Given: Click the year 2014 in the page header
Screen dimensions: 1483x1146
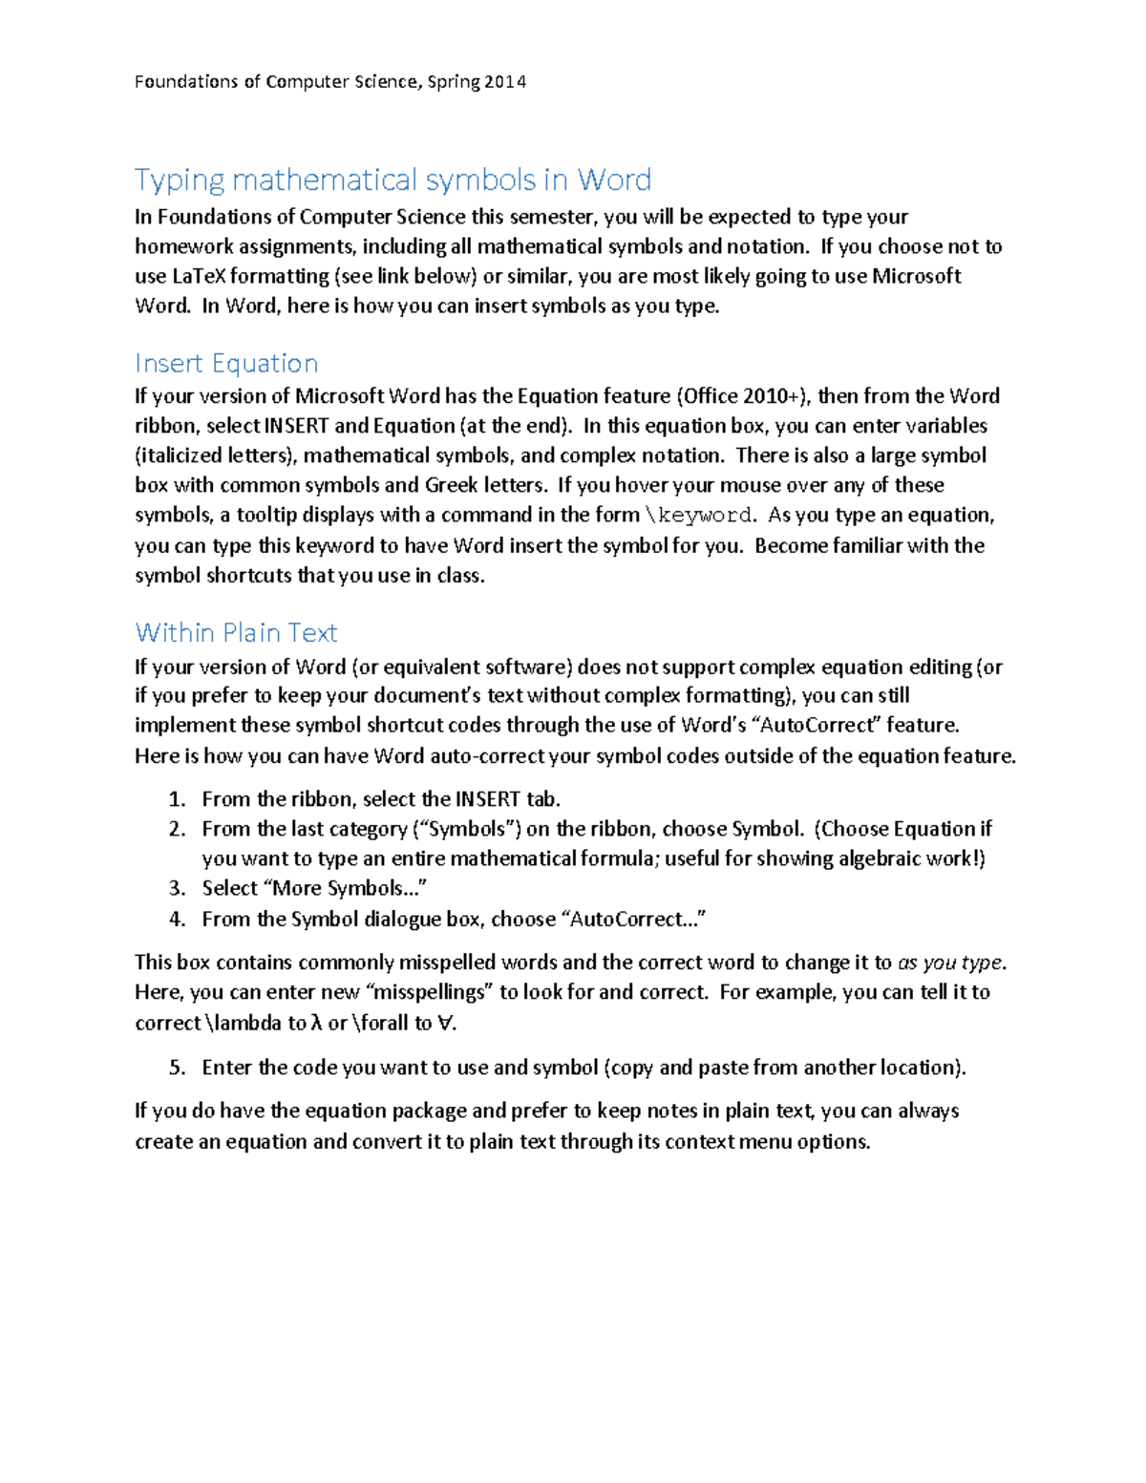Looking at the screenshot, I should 504,82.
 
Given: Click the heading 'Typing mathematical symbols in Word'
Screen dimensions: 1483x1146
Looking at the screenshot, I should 393,180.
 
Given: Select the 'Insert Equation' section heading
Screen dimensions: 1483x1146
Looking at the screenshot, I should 226,363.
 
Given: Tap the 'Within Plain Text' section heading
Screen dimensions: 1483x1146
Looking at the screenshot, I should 236,632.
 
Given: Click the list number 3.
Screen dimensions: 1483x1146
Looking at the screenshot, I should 176,888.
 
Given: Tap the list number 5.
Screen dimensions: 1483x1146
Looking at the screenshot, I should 176,1068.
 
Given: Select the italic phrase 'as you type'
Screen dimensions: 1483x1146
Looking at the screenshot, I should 950,963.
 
